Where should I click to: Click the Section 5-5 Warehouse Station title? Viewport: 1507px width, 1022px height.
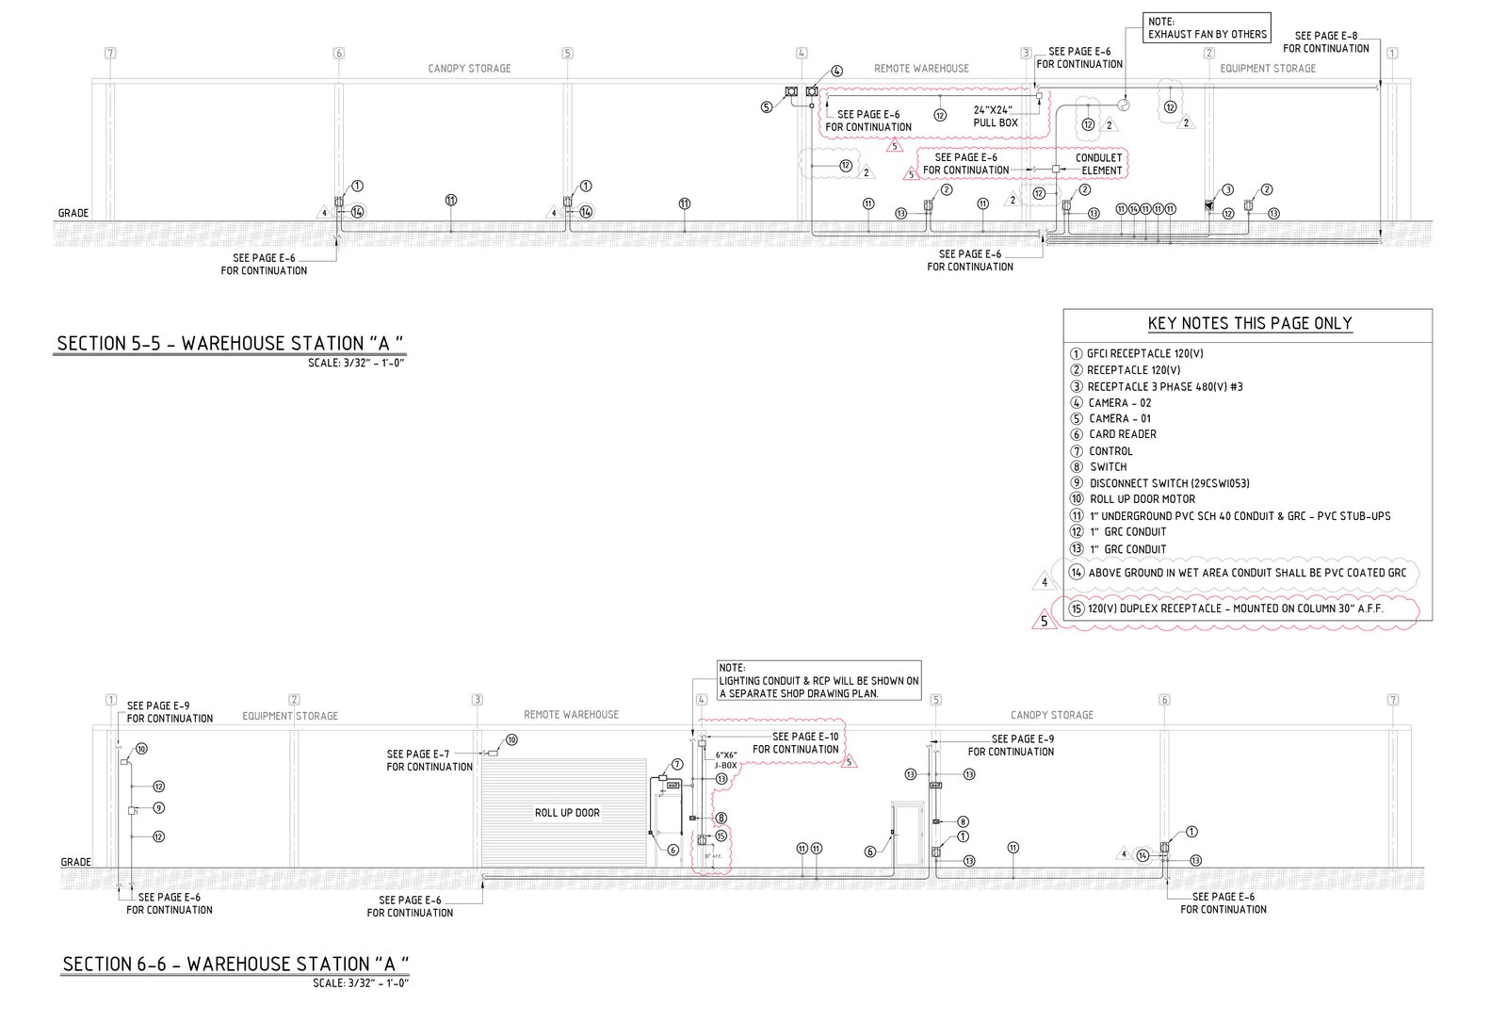pos(235,343)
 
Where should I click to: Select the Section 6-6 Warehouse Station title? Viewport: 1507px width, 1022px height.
pos(235,964)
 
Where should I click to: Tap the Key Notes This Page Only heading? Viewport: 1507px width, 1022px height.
pos(1249,323)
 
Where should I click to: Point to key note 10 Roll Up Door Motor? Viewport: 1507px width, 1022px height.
pos(1142,499)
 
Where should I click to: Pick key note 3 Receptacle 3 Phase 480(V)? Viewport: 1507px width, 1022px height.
pos(1164,386)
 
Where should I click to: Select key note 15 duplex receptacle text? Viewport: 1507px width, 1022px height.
pos(1235,609)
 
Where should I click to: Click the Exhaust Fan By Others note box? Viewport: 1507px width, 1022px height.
pos(1207,27)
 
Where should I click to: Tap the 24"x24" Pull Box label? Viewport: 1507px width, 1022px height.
pos(996,116)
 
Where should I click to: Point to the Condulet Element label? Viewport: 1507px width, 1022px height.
pos(1099,164)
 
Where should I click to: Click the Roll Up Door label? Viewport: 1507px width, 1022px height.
pos(567,813)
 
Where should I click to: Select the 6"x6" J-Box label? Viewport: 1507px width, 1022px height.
pos(725,760)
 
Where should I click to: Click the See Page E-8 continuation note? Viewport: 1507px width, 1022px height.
pos(1325,42)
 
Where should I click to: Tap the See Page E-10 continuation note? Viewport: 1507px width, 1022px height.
pos(795,743)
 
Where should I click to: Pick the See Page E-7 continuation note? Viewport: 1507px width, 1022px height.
pos(429,760)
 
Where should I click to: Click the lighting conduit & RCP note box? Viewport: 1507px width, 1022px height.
pos(818,680)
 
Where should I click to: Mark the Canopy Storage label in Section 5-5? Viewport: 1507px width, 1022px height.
pos(469,69)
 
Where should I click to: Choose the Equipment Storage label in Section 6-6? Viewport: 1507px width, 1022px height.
pos(290,716)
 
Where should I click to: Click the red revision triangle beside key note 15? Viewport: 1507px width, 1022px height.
pos(1044,622)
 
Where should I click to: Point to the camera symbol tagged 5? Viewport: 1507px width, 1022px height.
pos(792,91)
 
